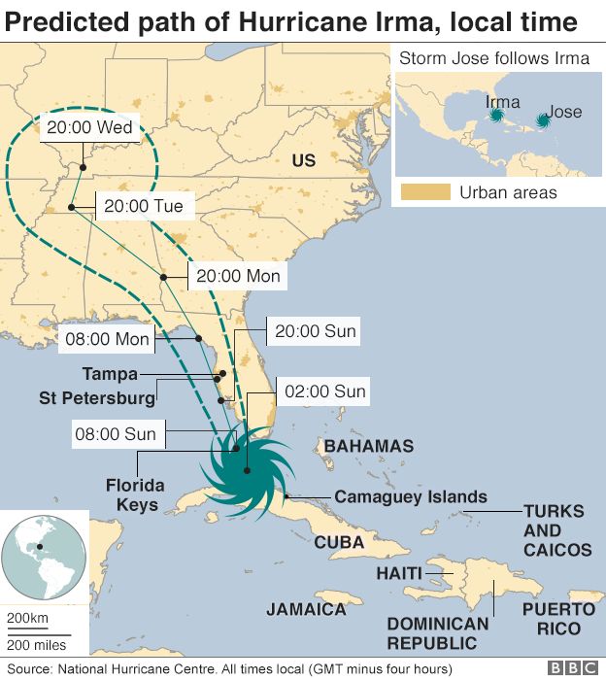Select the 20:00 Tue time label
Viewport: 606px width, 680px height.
pos(144,206)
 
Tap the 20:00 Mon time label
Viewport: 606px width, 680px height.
pos(238,277)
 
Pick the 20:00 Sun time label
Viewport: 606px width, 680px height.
pos(316,331)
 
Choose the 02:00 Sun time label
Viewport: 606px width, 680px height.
pos(325,391)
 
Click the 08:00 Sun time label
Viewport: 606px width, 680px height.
pos(114,434)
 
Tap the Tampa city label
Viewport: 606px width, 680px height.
pos(110,374)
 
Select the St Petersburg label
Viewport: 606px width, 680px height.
pos(97,398)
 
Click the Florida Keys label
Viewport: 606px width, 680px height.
pos(134,494)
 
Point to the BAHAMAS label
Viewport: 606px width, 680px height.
pos(368,447)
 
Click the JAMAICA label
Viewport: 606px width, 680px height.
pos(306,609)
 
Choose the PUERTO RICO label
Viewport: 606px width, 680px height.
pos(558,618)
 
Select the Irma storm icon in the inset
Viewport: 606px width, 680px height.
pos(497,116)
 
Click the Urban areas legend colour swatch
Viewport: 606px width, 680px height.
pos(425,191)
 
